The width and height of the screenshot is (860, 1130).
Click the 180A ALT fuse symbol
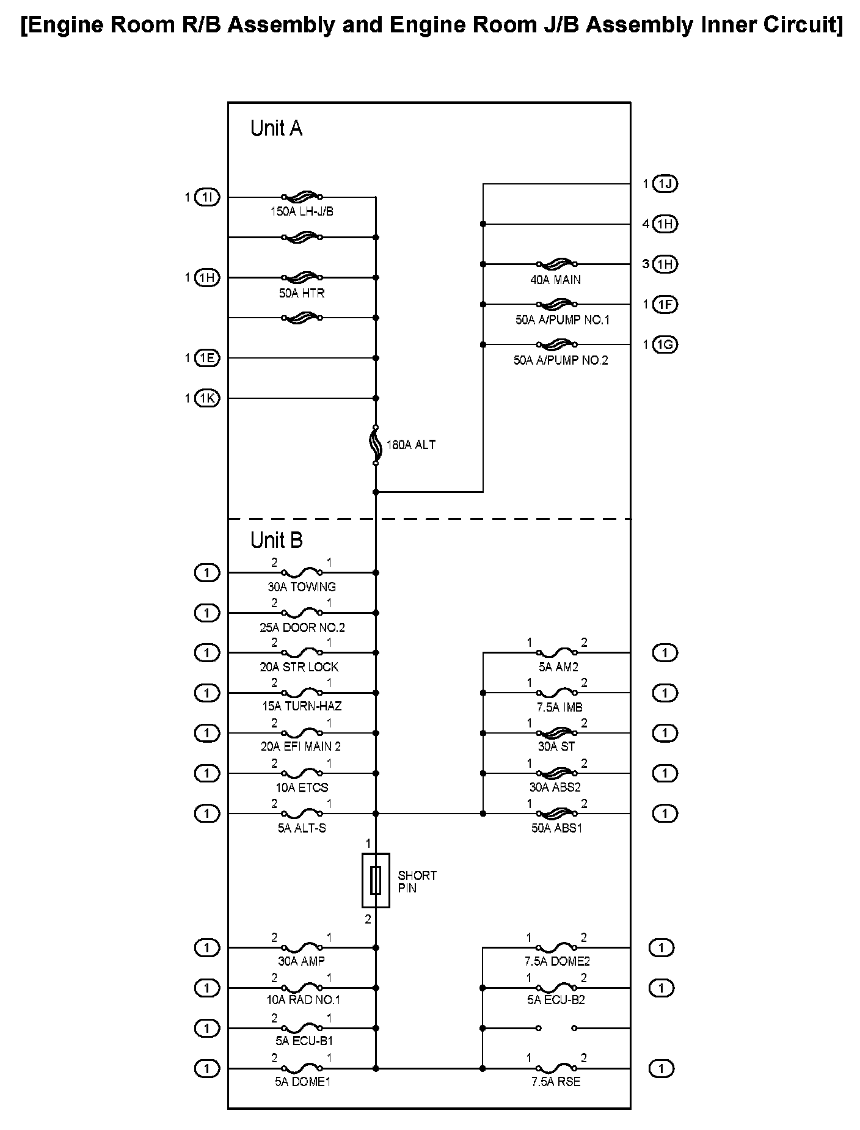click(x=376, y=445)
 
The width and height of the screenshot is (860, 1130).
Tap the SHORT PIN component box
click(x=376, y=880)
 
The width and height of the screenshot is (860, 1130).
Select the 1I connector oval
click(x=206, y=197)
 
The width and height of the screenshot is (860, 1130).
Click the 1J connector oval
click(x=665, y=184)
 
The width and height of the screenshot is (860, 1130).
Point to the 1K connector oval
click(x=206, y=398)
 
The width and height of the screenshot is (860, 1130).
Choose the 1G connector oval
click(x=665, y=344)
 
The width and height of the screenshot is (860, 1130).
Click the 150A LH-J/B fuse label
click(x=302, y=212)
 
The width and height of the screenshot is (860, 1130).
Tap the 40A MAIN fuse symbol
click(x=556, y=264)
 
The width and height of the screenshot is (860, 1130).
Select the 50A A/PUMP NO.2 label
click(x=561, y=360)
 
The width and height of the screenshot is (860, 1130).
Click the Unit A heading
click(x=276, y=128)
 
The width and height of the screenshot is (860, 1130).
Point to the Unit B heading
click(x=276, y=540)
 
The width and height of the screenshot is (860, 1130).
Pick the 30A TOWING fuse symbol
click(x=302, y=573)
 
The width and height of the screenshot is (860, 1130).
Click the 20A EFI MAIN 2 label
click(x=301, y=746)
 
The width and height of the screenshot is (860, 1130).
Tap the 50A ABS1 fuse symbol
click(x=556, y=814)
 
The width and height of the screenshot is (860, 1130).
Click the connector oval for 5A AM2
click(x=665, y=653)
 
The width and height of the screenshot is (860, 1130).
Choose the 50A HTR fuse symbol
click(x=302, y=277)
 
